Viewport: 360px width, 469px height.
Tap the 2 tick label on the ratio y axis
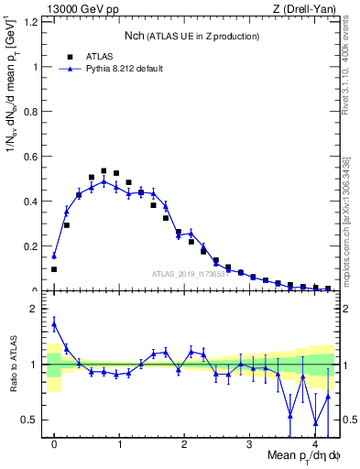(37, 309)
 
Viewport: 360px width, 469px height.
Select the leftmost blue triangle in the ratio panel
(54, 323)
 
